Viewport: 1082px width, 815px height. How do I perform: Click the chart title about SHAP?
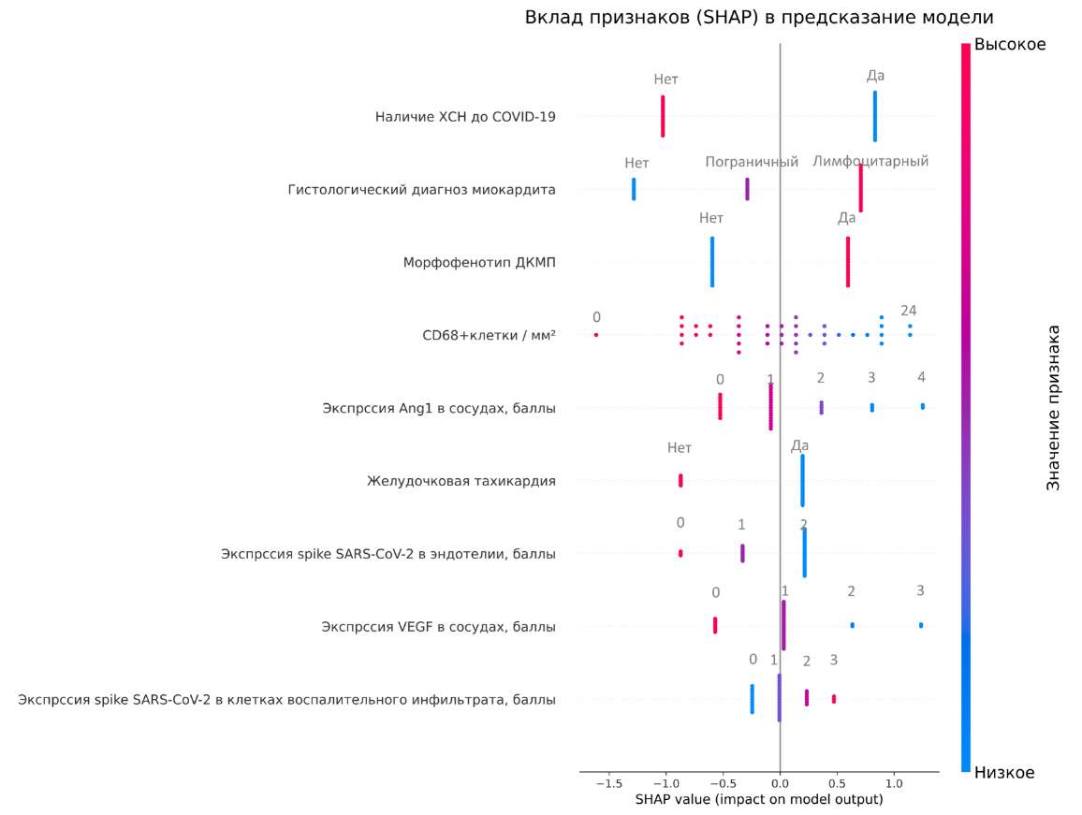pos(758,18)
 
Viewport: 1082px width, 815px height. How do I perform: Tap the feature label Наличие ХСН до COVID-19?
pos(465,117)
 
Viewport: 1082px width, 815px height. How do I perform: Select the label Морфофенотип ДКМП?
pos(479,262)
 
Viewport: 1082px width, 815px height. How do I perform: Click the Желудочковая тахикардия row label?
pos(461,481)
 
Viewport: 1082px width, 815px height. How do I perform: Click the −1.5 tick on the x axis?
pos(607,781)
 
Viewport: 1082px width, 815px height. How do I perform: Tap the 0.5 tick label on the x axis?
pos(837,781)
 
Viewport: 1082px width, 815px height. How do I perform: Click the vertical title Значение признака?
pos(1053,408)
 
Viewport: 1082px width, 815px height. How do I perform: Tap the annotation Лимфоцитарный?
pos(870,162)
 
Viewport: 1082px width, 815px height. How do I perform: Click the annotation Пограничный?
pos(752,162)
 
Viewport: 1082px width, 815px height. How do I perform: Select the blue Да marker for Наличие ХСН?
pos(874,116)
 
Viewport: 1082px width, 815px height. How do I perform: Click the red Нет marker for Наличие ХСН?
pos(663,116)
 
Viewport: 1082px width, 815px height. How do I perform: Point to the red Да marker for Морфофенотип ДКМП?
pos(848,262)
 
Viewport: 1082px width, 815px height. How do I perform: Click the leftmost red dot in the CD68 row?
pos(596,335)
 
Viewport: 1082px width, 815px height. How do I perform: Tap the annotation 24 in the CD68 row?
pos(908,311)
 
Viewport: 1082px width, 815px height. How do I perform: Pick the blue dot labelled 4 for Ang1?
pos(922,406)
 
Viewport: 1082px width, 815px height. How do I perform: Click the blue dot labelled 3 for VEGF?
pos(920,625)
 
